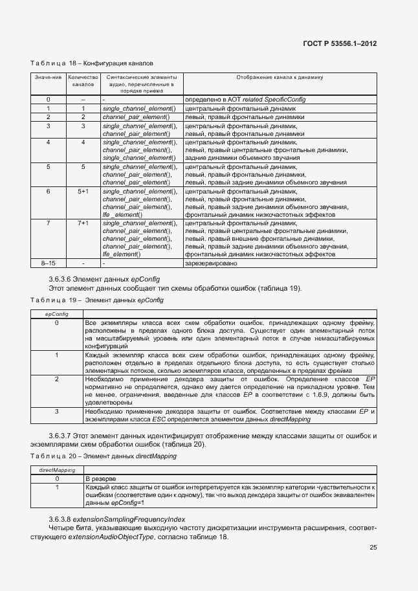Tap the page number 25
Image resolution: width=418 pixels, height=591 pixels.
373,547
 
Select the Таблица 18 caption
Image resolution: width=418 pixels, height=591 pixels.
91,64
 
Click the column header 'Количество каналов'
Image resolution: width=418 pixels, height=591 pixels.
83,81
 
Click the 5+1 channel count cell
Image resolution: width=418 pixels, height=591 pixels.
83,192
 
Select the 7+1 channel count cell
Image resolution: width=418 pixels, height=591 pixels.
83,223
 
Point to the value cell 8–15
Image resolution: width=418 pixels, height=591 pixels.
49,263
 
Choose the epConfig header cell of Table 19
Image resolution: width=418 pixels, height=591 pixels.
56,313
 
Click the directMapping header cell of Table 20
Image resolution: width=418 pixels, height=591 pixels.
57,469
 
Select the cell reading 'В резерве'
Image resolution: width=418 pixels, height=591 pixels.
101,478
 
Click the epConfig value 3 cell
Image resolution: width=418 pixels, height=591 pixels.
56,411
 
